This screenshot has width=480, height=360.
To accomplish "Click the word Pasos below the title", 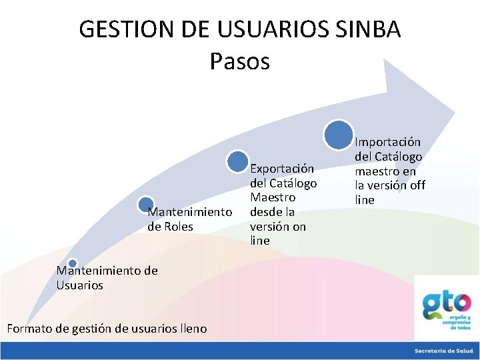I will click(x=239, y=61).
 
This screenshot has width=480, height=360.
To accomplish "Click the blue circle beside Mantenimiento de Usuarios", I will click(x=73, y=264).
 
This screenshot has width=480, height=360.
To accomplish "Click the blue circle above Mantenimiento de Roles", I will click(x=146, y=204).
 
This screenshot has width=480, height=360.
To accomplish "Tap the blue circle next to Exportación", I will click(x=237, y=161).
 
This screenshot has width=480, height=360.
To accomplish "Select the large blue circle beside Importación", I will click(x=339, y=133).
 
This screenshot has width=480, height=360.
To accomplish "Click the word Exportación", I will click(x=281, y=169).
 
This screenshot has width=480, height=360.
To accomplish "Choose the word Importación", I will click(x=387, y=141).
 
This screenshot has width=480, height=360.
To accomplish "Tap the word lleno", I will click(x=193, y=328).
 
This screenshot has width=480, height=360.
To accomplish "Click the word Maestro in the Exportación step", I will click(x=273, y=197).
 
